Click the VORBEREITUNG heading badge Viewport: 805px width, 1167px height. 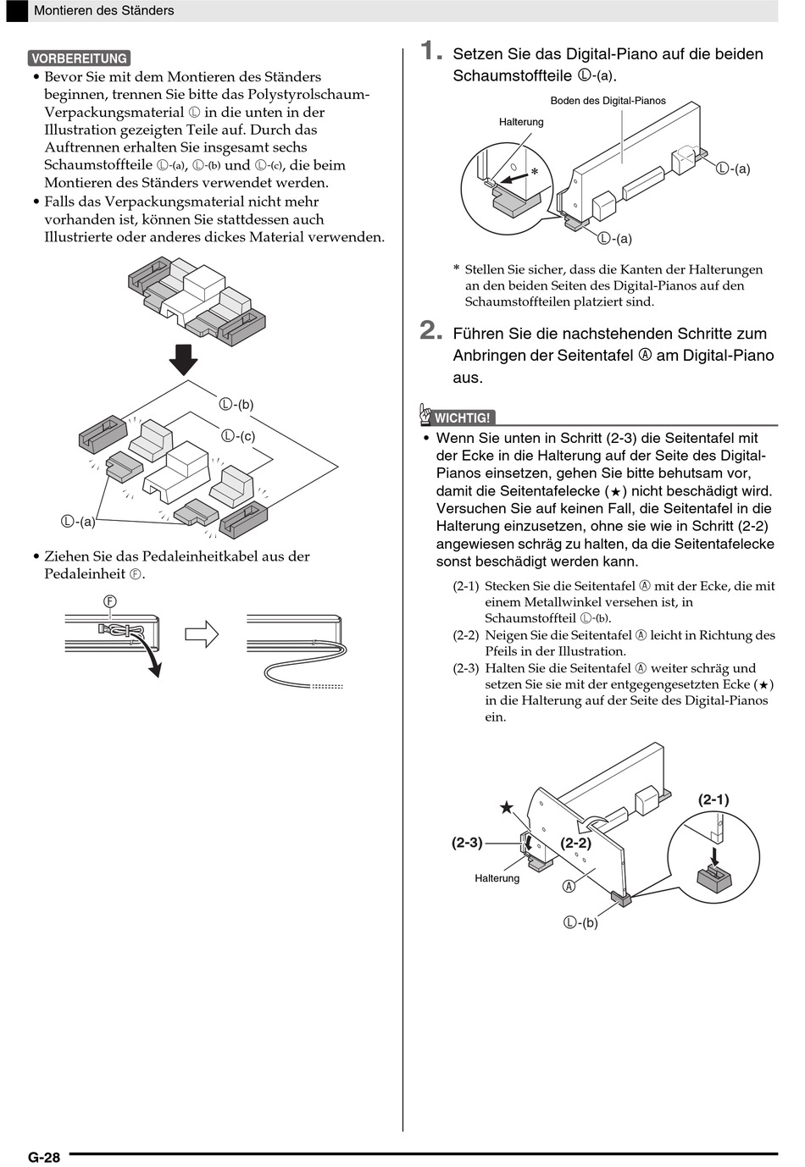79,58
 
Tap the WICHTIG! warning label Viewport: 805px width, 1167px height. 461,418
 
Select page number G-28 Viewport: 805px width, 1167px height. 44,1157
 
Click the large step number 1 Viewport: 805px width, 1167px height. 431,52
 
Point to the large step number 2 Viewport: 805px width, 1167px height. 431,330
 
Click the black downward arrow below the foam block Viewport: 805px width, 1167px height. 183,359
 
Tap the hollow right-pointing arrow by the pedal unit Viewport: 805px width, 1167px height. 202,633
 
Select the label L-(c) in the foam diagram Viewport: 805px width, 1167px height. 238,436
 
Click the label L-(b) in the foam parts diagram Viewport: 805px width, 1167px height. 236,405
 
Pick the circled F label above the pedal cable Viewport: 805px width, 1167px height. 110,601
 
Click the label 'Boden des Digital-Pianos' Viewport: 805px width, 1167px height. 608,101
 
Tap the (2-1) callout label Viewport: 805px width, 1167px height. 713,799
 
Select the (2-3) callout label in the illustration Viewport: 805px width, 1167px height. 467,843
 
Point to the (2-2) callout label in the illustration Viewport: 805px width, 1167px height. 576,843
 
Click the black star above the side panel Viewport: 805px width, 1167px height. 506,807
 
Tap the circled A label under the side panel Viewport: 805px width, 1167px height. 569,886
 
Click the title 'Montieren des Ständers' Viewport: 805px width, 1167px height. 103,11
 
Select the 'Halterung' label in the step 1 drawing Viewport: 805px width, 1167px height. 521,122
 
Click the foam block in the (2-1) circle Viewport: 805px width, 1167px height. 713,877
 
